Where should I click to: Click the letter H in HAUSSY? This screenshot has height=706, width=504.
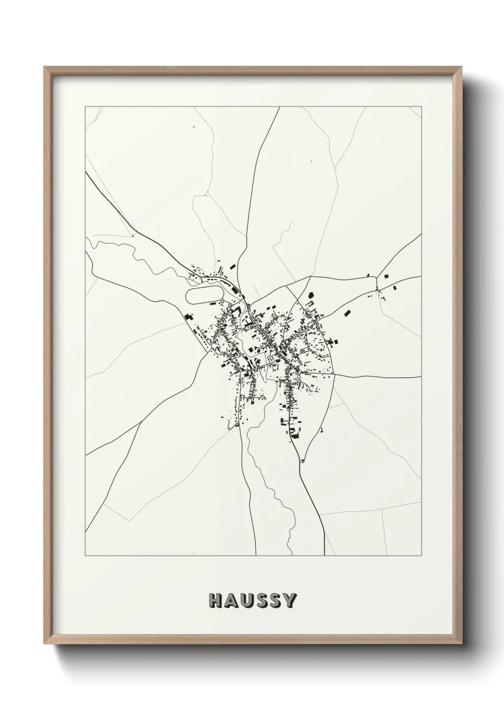click(x=215, y=601)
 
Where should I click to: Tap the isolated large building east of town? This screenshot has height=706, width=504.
click(x=348, y=313)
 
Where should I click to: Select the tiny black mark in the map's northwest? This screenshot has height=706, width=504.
click(x=193, y=127)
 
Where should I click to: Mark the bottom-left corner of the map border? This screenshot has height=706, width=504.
click(x=85, y=556)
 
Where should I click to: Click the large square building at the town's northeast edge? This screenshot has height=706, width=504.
click(x=312, y=295)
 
